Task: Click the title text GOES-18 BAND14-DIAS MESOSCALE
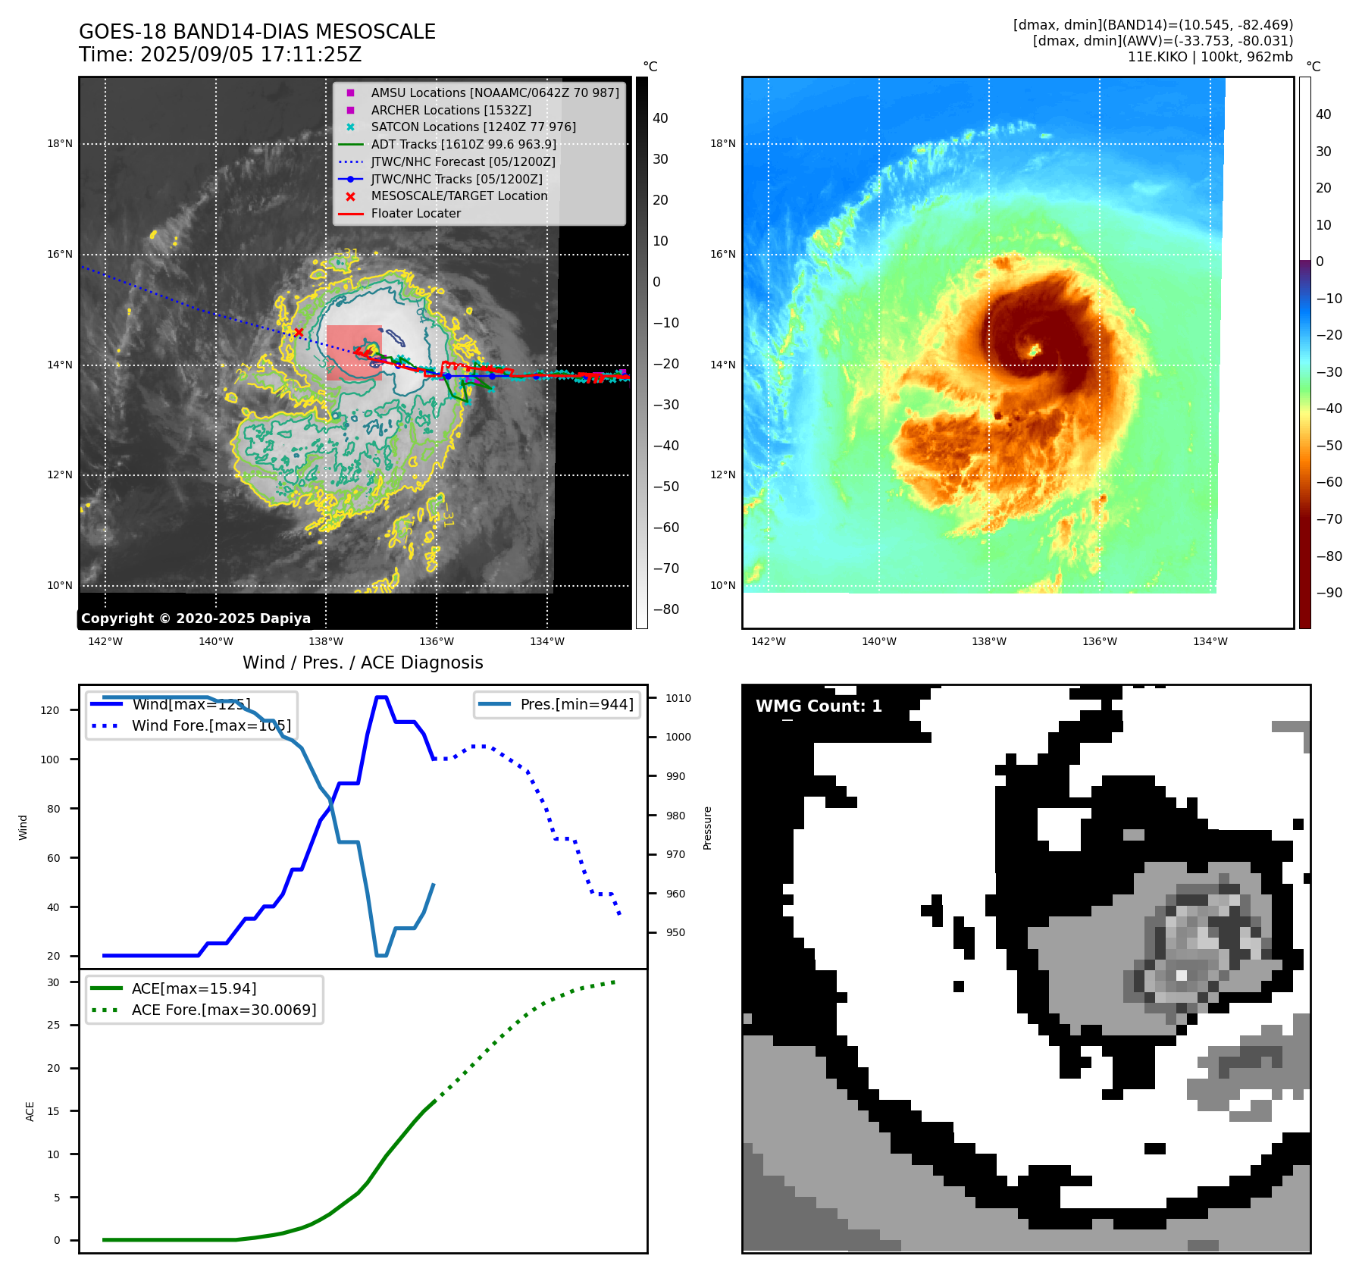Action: [x=257, y=32]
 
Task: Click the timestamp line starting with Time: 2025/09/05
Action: [x=220, y=55]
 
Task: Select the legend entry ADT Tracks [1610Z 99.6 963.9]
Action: [x=463, y=144]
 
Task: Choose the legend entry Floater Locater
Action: [x=415, y=213]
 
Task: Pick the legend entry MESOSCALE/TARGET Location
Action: [x=459, y=196]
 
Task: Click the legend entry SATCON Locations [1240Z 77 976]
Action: [x=473, y=127]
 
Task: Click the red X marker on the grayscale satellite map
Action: [x=299, y=332]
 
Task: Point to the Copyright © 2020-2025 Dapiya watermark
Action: [x=196, y=619]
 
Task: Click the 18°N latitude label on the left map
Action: [x=60, y=143]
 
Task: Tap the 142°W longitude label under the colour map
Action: [x=768, y=641]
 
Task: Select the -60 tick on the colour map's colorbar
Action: [x=1329, y=482]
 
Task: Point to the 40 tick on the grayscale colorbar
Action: [x=660, y=118]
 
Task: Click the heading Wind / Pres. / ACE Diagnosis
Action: [x=362, y=662]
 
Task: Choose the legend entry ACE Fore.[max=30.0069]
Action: [x=224, y=1010]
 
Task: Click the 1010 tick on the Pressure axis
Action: [x=678, y=698]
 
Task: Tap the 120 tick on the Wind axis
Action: [x=50, y=710]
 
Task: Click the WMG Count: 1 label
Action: [x=819, y=706]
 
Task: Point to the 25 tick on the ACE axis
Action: [x=53, y=1025]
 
